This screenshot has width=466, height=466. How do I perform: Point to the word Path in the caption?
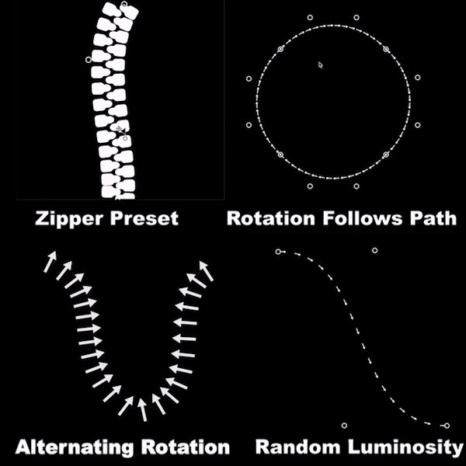click(434, 218)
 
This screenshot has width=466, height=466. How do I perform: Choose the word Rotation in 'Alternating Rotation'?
click(186, 448)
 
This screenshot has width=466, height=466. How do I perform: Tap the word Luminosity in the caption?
click(404, 448)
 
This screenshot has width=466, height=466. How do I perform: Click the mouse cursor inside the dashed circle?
click(320, 64)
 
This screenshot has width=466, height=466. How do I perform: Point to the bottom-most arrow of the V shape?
click(142, 407)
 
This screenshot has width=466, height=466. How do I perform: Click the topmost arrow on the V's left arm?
click(51, 260)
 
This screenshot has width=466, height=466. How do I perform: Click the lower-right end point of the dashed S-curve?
click(445, 426)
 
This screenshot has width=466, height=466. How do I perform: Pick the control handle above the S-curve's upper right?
click(375, 250)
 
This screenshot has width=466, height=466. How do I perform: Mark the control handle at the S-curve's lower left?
click(344, 425)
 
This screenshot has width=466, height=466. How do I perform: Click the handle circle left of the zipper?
click(88, 59)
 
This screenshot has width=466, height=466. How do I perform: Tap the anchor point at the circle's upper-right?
click(384, 49)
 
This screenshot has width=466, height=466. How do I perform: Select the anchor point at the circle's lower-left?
click(280, 154)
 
